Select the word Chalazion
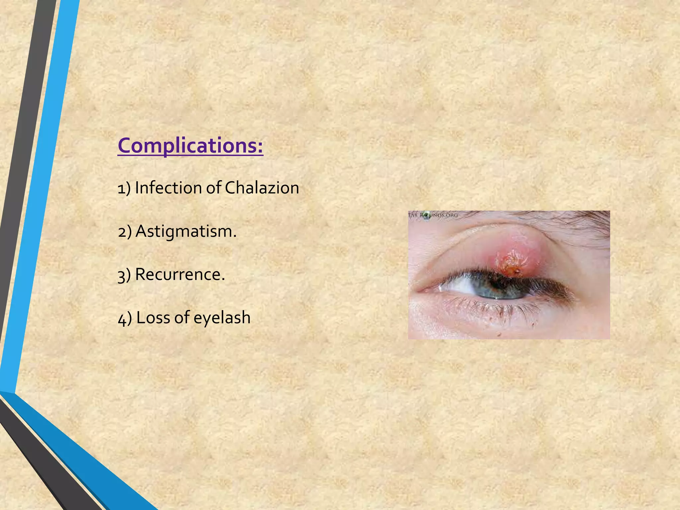(x=262, y=188)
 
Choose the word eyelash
(x=222, y=318)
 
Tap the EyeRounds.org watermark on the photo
(x=433, y=215)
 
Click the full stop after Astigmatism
(x=235, y=236)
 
